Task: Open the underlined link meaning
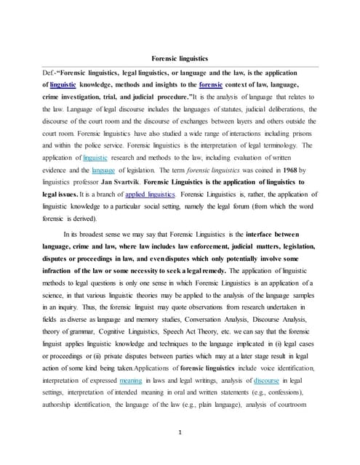point(132,379)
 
